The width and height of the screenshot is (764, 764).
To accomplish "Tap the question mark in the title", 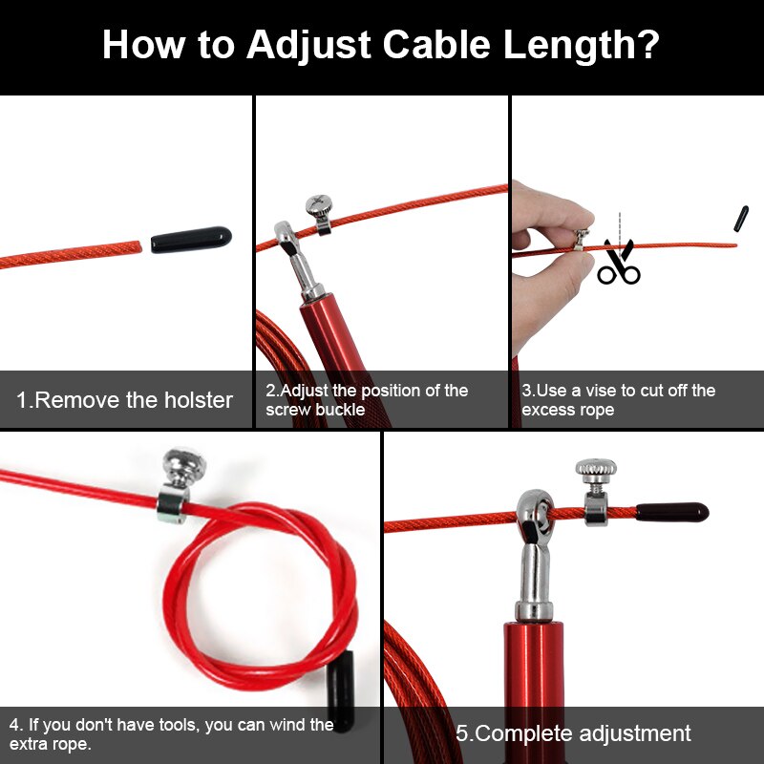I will tap(647, 45).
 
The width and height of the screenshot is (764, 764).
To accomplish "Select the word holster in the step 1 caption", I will tap(195, 400).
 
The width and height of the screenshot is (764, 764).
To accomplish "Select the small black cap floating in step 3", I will tap(741, 218).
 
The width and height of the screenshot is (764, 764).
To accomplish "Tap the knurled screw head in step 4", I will tap(184, 466).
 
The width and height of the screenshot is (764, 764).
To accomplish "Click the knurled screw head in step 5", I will tap(596, 469).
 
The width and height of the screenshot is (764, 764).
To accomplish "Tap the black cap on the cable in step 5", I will tap(672, 513).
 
